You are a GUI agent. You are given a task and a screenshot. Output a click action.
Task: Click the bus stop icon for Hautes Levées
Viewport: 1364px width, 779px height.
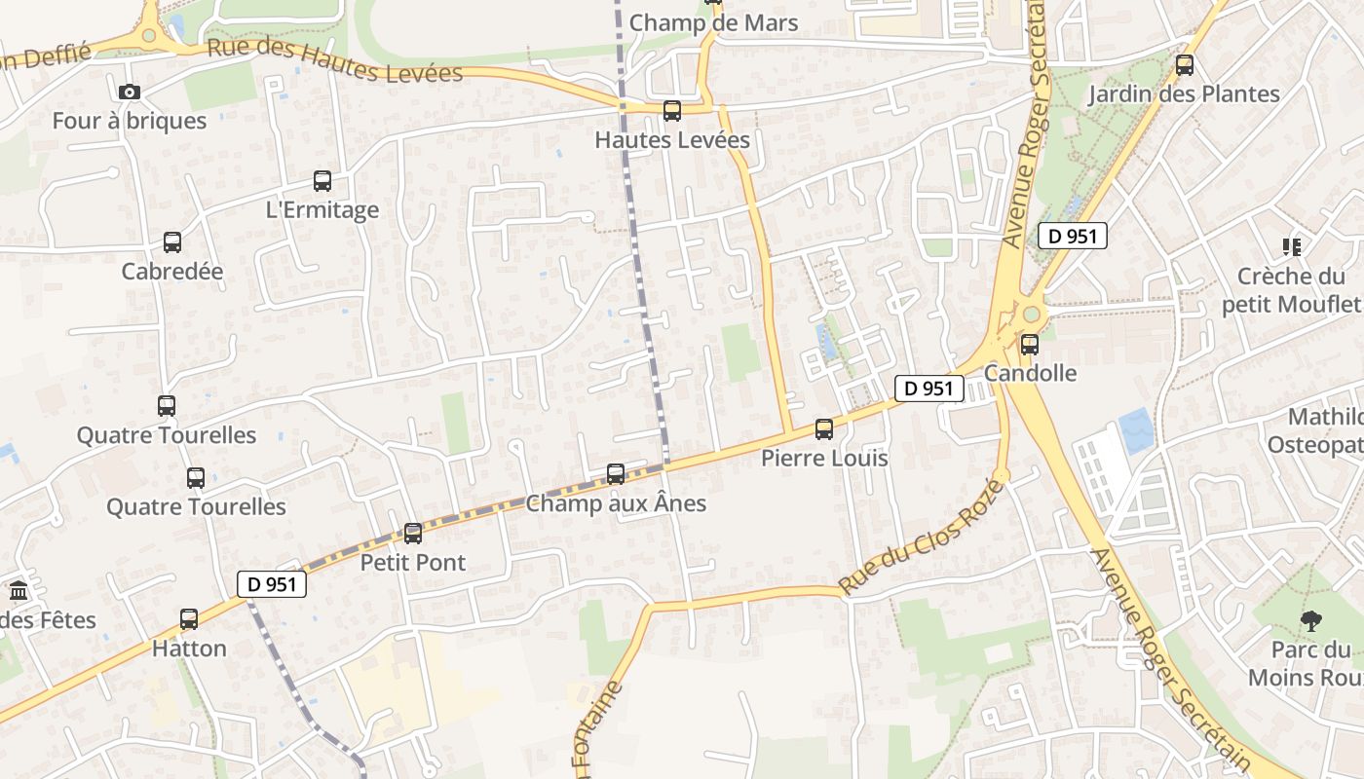672,111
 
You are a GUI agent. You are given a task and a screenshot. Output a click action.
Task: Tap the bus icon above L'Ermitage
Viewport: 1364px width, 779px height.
322,181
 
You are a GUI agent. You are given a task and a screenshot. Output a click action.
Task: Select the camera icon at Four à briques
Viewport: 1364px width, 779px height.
129,93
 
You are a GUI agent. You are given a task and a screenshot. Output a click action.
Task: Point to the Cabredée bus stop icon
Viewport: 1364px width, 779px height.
172,242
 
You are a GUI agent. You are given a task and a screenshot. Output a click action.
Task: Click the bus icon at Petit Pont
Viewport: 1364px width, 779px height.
413,534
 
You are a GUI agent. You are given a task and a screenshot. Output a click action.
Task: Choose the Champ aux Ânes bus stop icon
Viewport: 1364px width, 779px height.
616,474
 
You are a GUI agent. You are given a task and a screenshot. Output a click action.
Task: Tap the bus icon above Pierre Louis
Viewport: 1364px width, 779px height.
824,429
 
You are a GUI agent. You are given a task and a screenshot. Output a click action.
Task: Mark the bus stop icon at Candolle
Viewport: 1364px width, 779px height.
1030,345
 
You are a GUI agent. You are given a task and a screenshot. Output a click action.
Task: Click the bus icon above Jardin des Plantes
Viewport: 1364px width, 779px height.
1185,65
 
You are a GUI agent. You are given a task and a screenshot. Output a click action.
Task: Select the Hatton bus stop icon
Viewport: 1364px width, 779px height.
189,619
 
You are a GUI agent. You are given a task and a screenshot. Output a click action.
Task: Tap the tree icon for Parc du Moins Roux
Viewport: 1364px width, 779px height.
1311,620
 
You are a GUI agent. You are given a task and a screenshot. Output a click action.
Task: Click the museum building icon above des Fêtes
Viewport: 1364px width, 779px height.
19,591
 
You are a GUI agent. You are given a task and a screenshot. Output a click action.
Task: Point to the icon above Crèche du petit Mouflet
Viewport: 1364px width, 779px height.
1292,247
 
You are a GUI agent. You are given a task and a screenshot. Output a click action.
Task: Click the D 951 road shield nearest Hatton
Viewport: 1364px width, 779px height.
272,584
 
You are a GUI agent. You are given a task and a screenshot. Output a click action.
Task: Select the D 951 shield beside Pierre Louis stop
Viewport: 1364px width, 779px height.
928,389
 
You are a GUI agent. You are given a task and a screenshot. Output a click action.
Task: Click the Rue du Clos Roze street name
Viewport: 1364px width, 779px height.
921,537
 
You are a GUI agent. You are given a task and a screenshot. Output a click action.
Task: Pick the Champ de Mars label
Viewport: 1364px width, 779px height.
713,22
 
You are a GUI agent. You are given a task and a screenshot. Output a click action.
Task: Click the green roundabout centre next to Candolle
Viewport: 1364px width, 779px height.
1031,315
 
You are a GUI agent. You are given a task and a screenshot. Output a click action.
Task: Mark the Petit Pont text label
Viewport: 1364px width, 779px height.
413,563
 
